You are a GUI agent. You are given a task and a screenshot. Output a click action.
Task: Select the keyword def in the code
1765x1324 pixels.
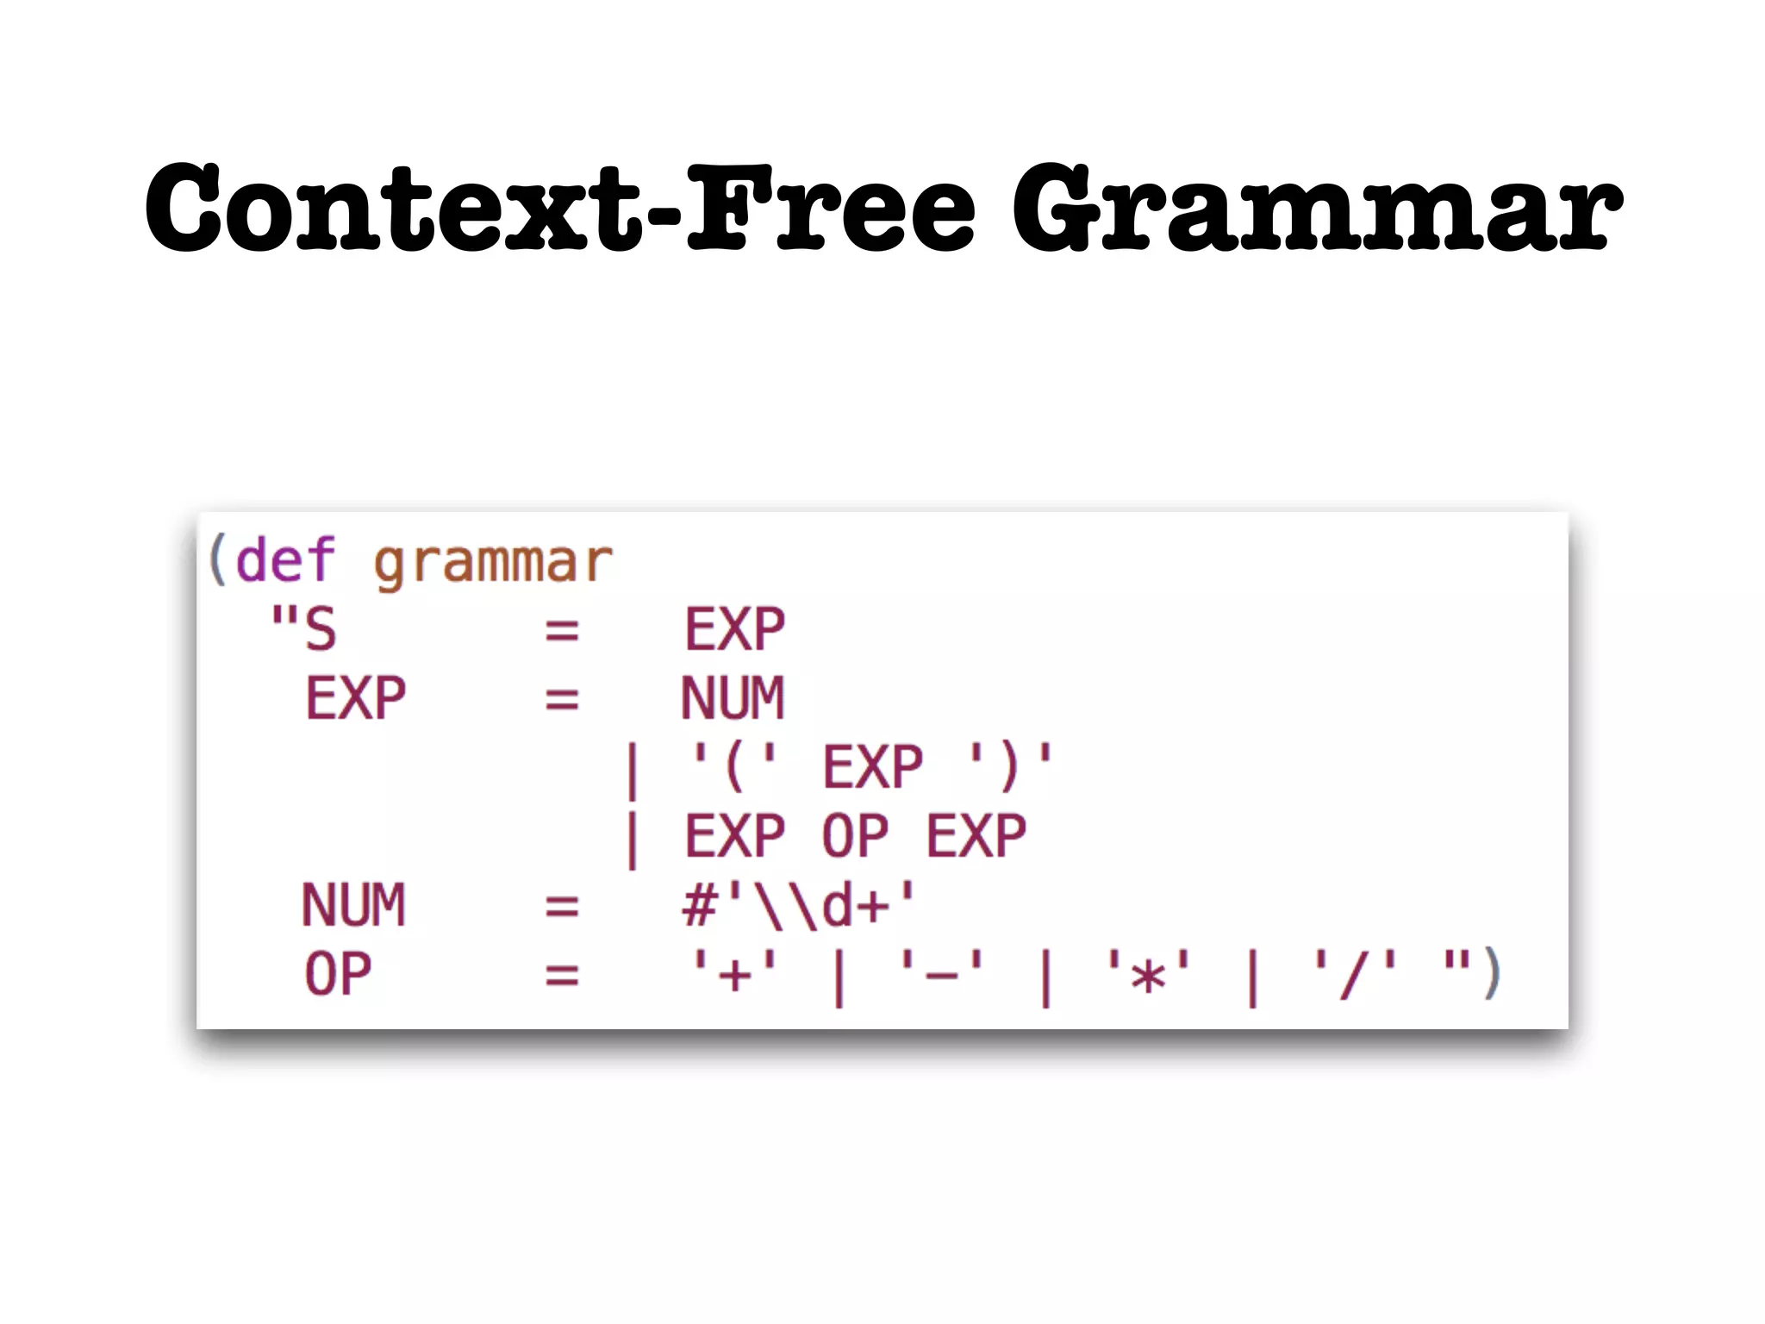(284, 560)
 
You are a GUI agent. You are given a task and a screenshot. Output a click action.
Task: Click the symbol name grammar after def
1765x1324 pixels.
(492, 564)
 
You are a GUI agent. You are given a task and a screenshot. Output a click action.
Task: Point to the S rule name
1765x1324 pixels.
(320, 628)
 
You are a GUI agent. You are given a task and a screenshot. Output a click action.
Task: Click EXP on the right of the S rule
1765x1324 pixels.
(734, 628)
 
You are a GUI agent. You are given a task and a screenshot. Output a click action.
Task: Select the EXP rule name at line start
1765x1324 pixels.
(355, 698)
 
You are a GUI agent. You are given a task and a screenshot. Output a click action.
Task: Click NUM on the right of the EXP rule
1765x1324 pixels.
(733, 698)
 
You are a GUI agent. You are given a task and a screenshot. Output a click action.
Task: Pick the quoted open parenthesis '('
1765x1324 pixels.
(734, 766)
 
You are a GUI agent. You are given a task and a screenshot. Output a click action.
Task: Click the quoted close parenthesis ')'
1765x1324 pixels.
(1010, 766)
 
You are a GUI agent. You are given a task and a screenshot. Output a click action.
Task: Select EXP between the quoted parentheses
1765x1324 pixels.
(872, 766)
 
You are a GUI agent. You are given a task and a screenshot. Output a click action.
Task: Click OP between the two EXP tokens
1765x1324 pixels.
(854, 836)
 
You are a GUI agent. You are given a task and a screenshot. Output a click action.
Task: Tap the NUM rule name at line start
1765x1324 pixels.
(353, 906)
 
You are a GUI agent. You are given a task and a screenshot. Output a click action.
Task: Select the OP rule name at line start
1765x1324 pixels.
(338, 975)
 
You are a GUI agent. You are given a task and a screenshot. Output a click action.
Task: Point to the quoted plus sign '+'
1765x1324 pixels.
(734, 975)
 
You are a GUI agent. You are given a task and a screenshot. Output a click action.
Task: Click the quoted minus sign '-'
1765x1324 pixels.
(941, 975)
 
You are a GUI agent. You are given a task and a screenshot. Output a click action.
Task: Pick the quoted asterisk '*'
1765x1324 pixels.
(1148, 975)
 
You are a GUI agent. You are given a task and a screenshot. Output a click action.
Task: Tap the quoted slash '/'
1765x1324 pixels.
(1355, 975)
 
